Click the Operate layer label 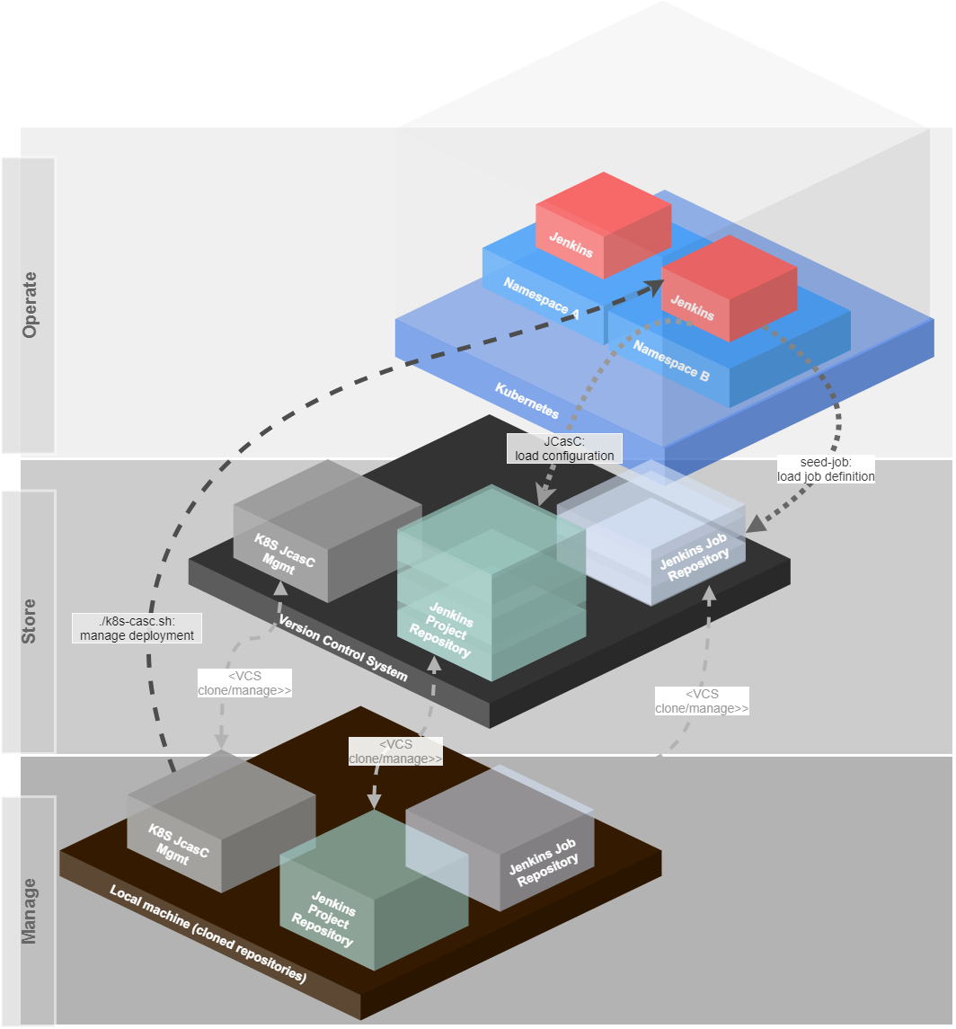(30, 305)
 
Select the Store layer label (30, 621)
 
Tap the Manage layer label (30, 911)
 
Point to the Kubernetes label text (527, 401)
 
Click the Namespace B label (670, 359)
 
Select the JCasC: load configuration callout (564, 448)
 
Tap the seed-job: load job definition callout (826, 469)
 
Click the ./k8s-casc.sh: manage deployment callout (137, 627)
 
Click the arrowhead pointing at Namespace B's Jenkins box (655, 286)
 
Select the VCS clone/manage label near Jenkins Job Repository (702, 701)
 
